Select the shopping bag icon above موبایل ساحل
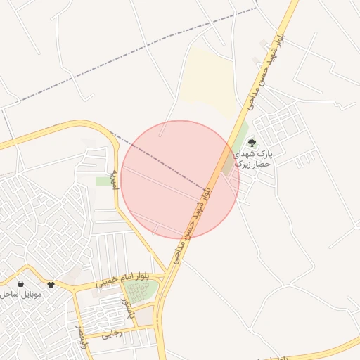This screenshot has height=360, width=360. click(20, 284)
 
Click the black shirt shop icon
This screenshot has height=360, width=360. click(51, 285)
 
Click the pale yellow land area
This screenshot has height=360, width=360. click(211, 84)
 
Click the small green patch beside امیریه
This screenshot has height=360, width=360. click(104, 181)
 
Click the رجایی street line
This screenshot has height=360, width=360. click(134, 329)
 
